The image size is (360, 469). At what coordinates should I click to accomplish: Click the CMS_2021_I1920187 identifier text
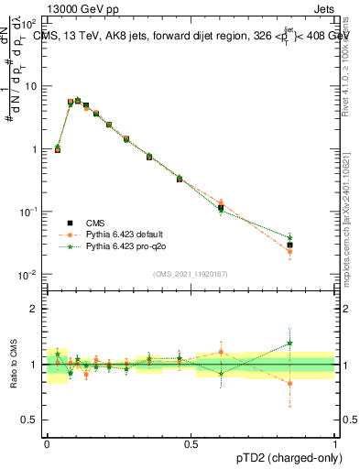pos(191,274)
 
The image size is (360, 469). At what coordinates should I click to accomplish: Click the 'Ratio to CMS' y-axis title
pos(15,365)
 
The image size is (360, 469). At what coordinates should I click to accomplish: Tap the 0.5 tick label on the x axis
pos(191,442)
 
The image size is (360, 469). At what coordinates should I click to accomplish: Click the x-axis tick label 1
pos(334,442)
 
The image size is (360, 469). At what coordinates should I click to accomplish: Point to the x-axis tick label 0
pos(47,442)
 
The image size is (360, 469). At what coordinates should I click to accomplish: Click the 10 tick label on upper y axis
pos(29,86)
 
